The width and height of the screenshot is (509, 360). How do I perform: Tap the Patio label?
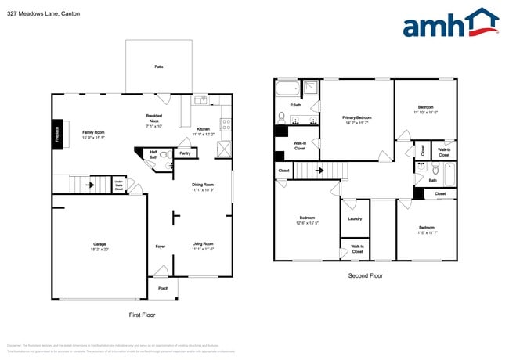coord(159,68)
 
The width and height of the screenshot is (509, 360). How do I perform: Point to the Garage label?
coord(99,243)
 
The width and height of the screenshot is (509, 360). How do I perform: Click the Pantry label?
coord(185,153)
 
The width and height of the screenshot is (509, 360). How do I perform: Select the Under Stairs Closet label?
coord(118,186)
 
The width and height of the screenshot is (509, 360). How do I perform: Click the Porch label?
coord(163,288)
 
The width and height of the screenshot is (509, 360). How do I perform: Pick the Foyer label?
coord(160,247)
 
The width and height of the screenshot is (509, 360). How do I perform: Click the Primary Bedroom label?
coord(357,118)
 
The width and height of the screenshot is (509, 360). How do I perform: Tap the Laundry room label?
coord(355,218)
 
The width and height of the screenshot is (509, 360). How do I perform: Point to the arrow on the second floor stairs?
coord(319,169)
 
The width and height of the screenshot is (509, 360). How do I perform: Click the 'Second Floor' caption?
coord(366,275)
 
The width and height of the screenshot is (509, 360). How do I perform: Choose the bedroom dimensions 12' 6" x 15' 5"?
coord(306,223)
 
